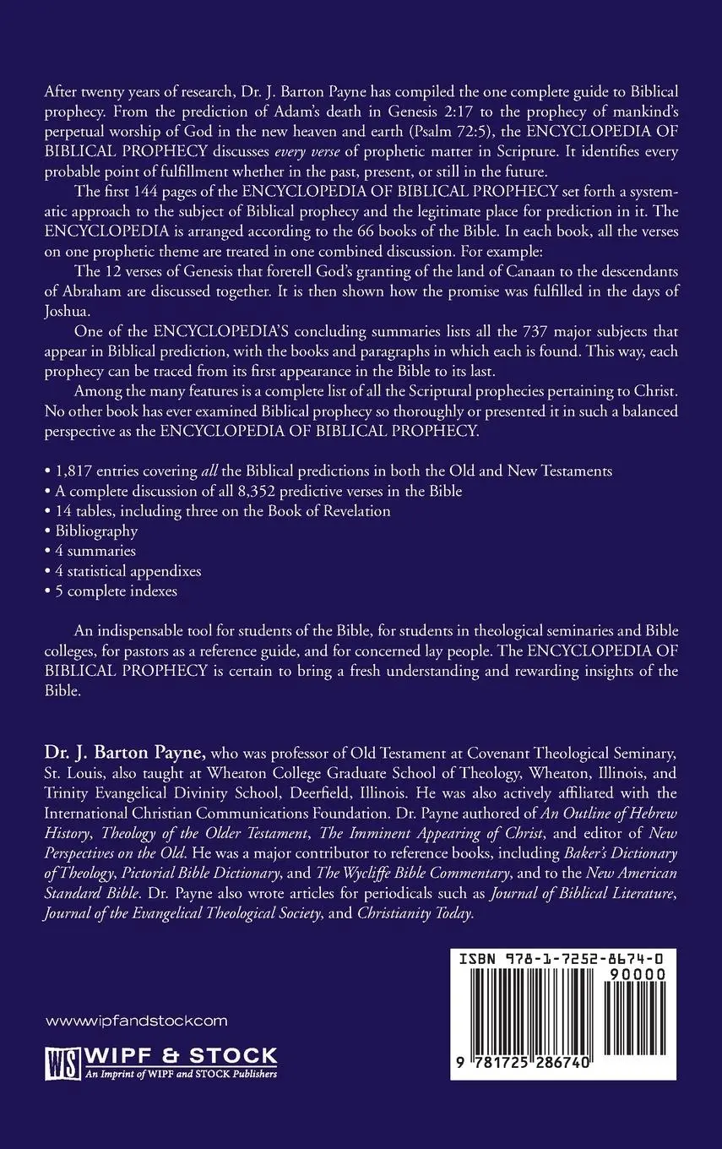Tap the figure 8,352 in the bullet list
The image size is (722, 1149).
pyautogui.click(x=252, y=490)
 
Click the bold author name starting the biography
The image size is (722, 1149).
pyautogui.click(x=122, y=750)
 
